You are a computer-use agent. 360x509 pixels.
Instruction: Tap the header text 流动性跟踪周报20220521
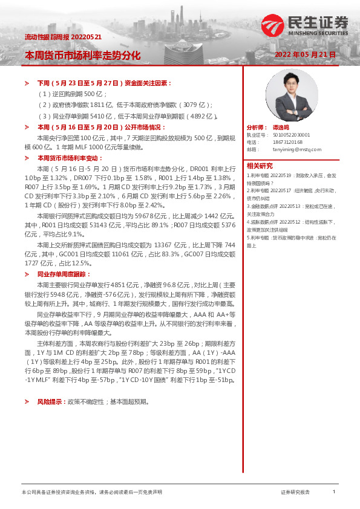63,37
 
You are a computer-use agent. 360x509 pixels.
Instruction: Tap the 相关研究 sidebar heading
260,166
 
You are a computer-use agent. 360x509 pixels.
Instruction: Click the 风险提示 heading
52,401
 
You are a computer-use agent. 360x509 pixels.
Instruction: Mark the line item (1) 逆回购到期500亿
73,94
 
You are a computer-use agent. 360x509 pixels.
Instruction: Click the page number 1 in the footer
333,492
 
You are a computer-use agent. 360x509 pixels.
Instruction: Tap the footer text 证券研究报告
295,492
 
